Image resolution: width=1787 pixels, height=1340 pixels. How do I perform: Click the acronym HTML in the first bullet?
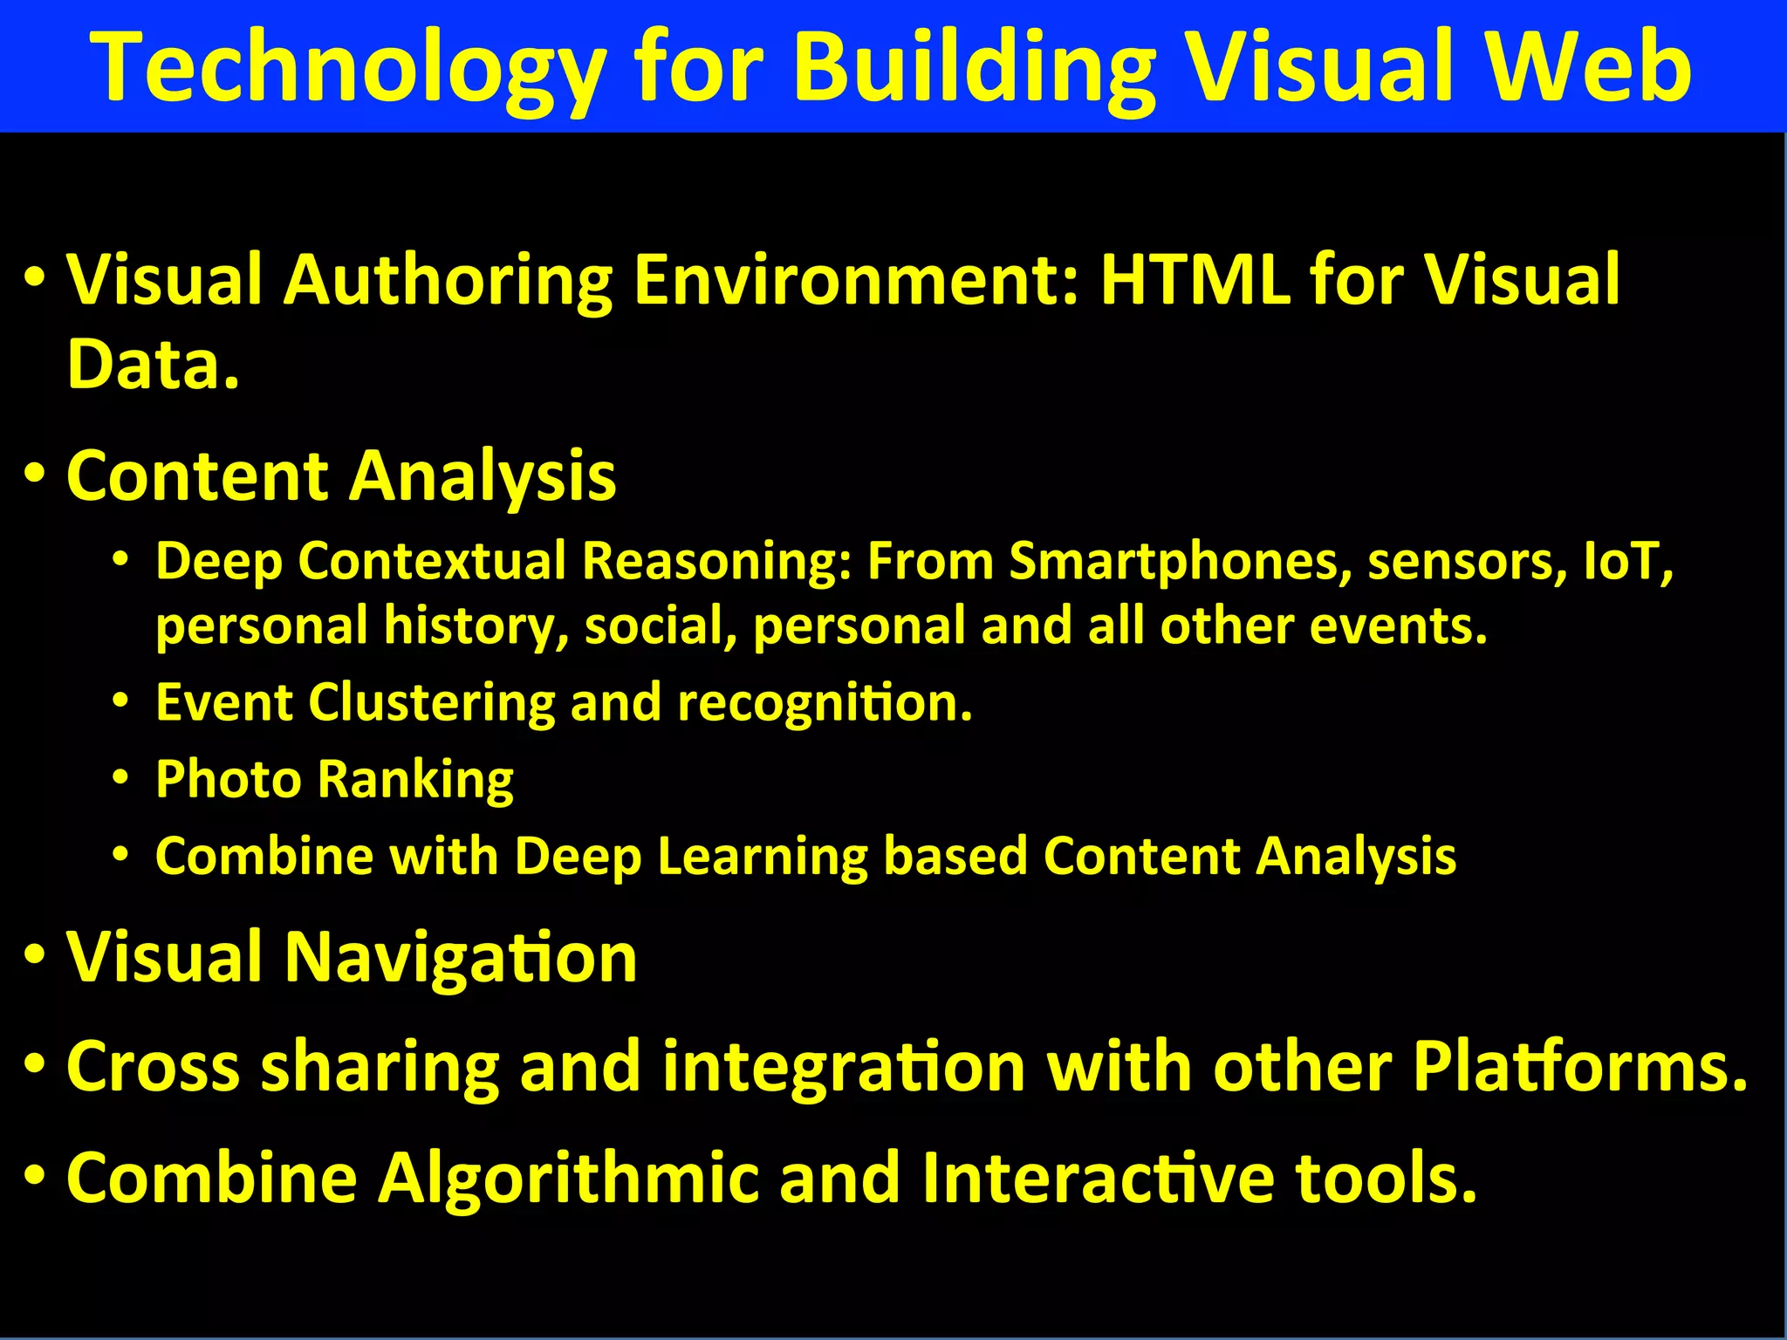[1195, 279]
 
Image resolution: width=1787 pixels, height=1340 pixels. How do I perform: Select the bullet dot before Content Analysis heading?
[35, 475]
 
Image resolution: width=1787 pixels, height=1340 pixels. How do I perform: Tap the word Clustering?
[431, 702]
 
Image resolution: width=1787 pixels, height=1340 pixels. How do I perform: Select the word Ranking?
[415, 779]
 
